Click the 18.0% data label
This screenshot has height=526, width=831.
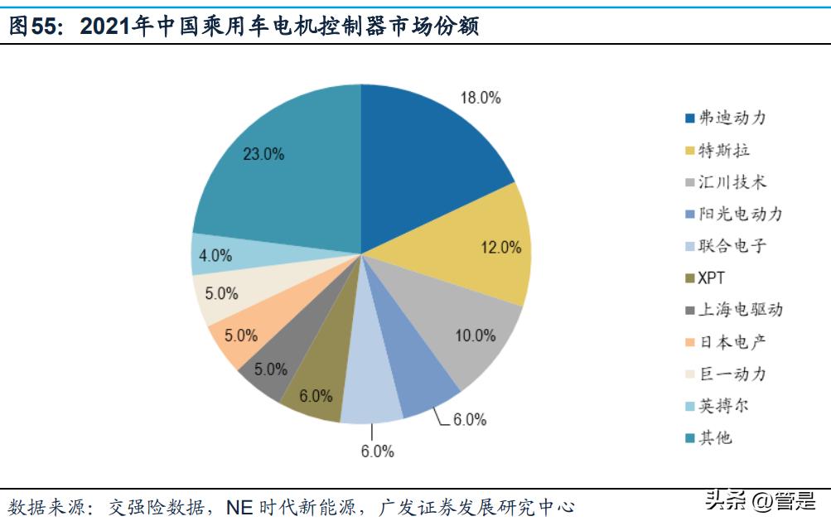tap(481, 98)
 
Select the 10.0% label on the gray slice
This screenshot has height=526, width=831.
tap(476, 335)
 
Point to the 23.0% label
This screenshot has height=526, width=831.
tap(263, 153)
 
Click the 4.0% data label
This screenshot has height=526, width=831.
tap(215, 256)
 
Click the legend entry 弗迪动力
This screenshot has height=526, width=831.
tap(732, 118)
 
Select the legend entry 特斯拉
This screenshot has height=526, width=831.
tap(724, 150)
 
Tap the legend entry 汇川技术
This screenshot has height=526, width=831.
tap(732, 182)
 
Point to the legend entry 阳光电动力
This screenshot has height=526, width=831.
tap(740, 214)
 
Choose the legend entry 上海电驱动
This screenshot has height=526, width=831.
tap(740, 310)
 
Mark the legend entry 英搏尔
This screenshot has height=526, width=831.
tap(724, 406)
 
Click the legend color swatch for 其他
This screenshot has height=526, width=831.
tap(689, 438)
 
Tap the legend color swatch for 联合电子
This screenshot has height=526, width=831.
tap(689, 246)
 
